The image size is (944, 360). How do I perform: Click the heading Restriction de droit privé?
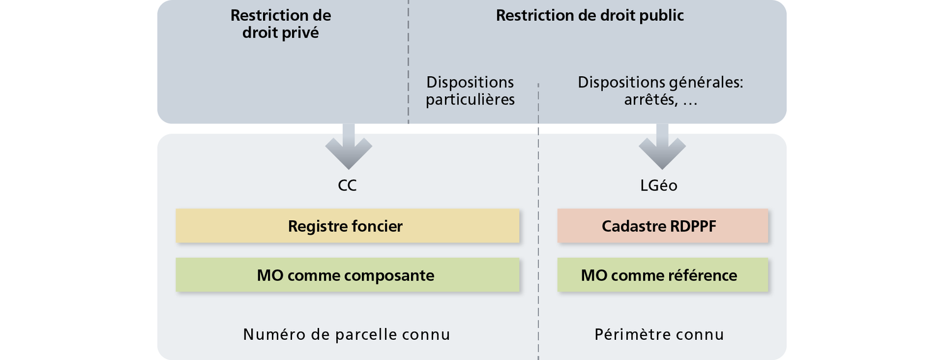click(x=281, y=24)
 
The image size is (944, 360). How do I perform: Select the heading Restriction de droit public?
click(x=590, y=16)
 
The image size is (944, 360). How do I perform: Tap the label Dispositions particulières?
click(x=470, y=91)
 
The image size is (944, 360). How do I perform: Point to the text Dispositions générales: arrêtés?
click(x=660, y=91)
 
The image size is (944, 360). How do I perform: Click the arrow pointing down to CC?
click(x=348, y=146)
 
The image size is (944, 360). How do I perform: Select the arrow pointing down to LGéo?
click(x=661, y=146)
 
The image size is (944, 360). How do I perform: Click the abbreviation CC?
click(x=347, y=186)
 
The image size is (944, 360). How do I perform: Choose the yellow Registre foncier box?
click(x=347, y=226)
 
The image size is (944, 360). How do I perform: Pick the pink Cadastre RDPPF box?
click(x=662, y=226)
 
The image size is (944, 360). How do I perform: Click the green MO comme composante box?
click(x=347, y=275)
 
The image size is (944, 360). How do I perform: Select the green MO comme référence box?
click(x=662, y=275)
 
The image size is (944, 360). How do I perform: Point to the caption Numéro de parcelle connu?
click(x=347, y=334)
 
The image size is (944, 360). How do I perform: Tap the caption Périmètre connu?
click(x=660, y=334)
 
